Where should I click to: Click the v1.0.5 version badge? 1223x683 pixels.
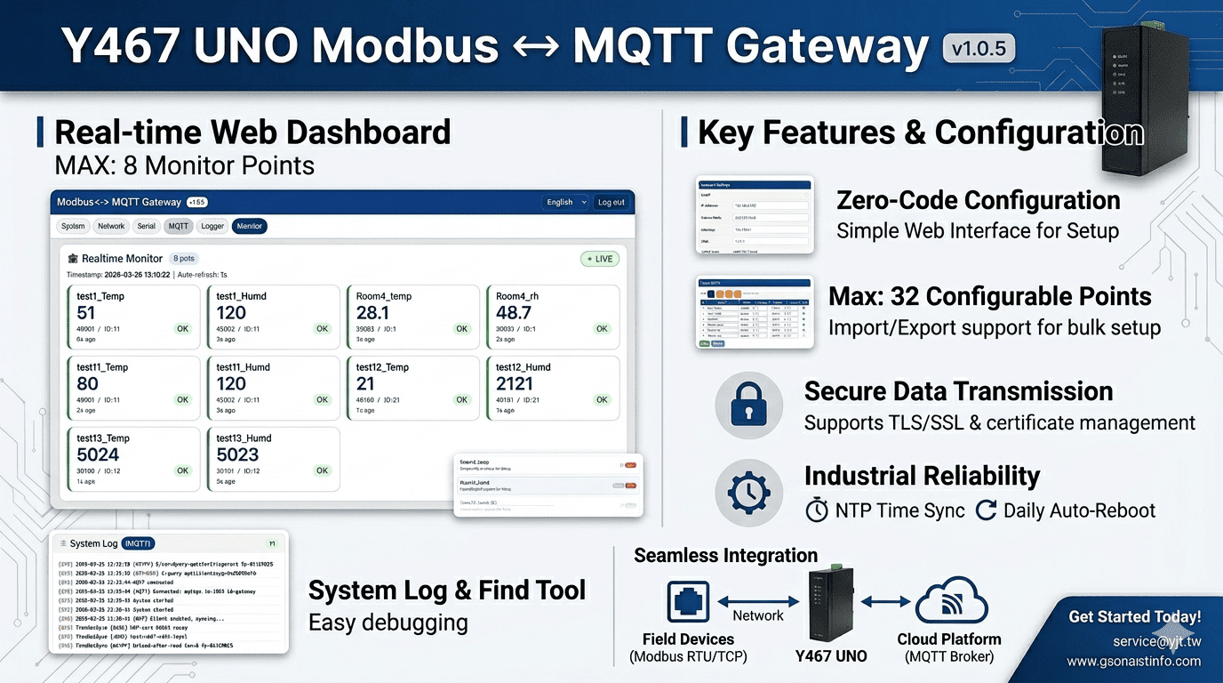(x=978, y=47)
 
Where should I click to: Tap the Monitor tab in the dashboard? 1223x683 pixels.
(x=250, y=226)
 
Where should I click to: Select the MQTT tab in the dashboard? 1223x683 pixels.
(x=179, y=226)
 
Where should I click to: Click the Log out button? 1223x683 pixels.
(x=611, y=202)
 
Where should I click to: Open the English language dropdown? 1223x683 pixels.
(x=565, y=202)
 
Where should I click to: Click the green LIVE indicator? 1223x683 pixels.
(x=599, y=259)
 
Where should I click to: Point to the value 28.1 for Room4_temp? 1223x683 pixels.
(x=372, y=312)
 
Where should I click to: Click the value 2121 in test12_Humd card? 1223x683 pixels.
(x=515, y=383)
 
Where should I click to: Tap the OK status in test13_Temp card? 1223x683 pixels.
(x=182, y=470)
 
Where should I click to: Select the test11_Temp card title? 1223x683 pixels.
(x=102, y=367)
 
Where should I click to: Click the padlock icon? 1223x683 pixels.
(x=748, y=406)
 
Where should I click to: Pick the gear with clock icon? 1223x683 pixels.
(x=748, y=492)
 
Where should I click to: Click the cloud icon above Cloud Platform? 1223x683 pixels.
(x=952, y=602)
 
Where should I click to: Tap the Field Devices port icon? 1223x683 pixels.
(x=688, y=602)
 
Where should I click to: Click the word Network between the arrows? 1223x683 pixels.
(x=757, y=615)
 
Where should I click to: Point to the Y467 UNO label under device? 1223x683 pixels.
(x=831, y=656)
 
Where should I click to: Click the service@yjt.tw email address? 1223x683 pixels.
(x=1156, y=641)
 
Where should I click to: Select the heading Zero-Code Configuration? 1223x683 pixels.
(x=979, y=200)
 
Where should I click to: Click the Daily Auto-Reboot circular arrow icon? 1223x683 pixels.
(x=986, y=510)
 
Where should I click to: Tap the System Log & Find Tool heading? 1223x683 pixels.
(x=447, y=590)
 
